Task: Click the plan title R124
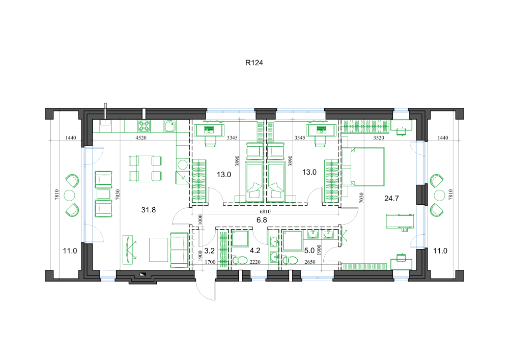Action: [254, 63]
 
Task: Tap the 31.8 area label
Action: [148, 210]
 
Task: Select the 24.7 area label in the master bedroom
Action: [391, 199]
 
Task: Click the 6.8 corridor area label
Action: [262, 220]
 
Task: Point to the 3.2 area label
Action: [209, 251]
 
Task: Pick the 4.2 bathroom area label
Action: [255, 251]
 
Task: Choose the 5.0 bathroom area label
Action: [309, 251]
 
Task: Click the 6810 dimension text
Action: [265, 211]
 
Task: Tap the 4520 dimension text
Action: [141, 137]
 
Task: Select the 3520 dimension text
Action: [379, 137]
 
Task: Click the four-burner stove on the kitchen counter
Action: [144, 126]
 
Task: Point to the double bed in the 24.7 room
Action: [363, 167]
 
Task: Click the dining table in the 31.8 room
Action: [145, 168]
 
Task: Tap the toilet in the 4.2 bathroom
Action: [240, 260]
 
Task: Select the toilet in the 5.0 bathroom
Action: [290, 260]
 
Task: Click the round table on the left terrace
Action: [69, 196]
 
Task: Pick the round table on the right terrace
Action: [439, 196]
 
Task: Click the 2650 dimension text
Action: [309, 262]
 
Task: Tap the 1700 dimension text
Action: [210, 262]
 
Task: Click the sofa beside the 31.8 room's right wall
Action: [179, 250]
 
